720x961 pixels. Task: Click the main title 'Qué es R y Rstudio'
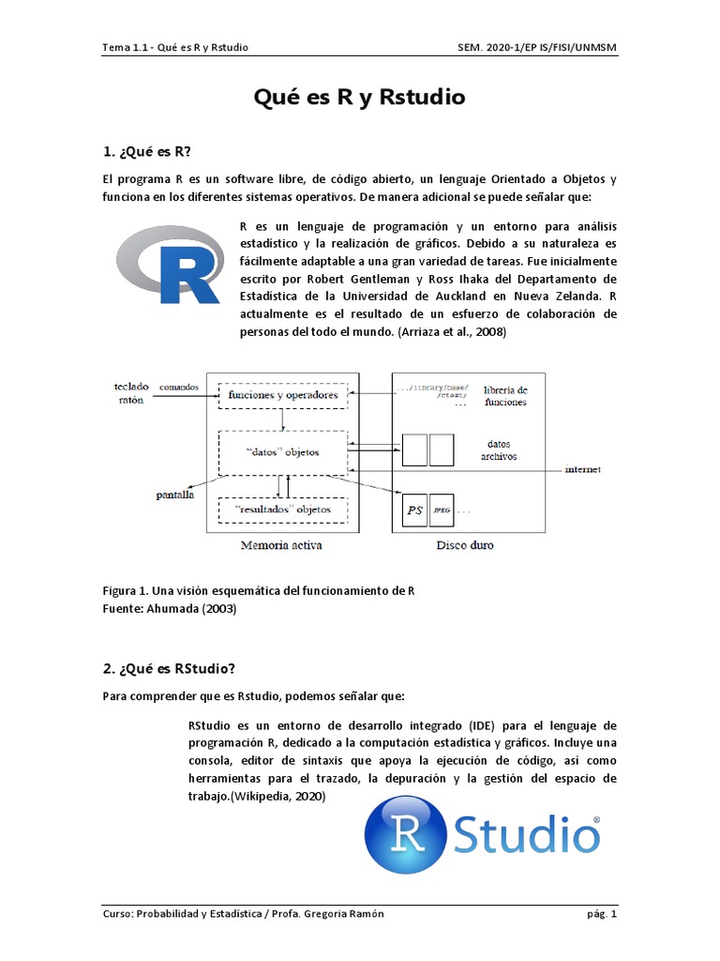pos(360,97)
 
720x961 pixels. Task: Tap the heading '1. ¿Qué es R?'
pos(151,150)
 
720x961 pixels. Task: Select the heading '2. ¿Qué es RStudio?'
pos(169,668)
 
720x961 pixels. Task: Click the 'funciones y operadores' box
pos(282,395)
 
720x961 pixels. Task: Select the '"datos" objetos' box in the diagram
pos(282,451)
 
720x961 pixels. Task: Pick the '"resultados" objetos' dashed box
pos(282,509)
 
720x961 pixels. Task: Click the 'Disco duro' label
pos(466,544)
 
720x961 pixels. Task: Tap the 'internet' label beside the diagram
pos(582,468)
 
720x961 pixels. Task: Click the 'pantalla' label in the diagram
pos(175,495)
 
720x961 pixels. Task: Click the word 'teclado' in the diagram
pos(130,386)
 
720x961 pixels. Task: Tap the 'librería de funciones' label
pos(505,395)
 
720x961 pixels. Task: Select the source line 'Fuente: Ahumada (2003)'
pos(170,608)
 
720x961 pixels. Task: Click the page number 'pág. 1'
pos(601,914)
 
